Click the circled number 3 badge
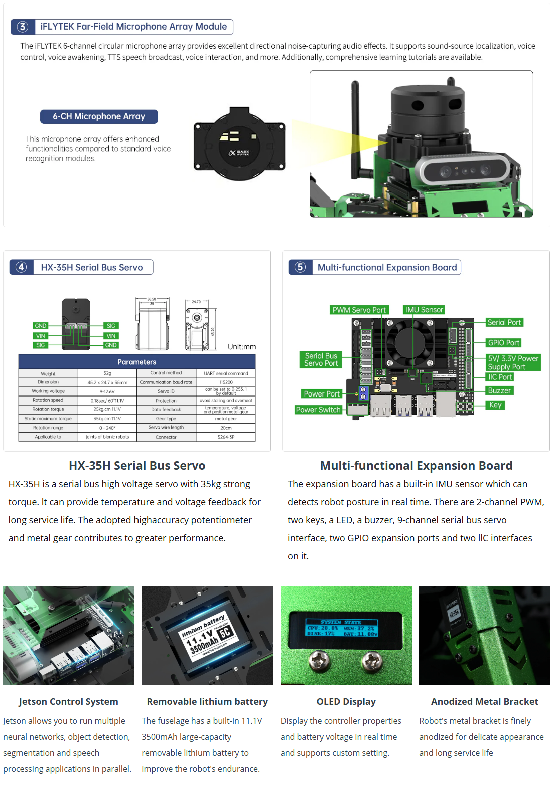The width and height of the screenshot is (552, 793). point(23,27)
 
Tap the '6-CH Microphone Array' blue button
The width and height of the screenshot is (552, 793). point(99,116)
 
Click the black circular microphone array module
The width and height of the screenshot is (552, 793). point(239,145)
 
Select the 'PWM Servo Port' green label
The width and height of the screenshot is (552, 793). point(359,310)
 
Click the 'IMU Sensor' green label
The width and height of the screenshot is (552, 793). point(424,310)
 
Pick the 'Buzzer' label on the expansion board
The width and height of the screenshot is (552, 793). point(499,390)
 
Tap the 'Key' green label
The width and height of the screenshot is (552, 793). point(495,405)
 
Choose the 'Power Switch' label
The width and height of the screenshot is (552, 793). point(318,410)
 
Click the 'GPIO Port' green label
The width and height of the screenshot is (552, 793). point(504,343)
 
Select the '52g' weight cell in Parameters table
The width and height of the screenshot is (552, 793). point(107,373)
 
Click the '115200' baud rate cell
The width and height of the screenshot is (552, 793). point(226,382)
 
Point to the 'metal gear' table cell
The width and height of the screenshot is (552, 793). point(226,419)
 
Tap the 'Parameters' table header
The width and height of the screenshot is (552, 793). point(137,362)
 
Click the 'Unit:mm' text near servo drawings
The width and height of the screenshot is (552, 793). point(242,347)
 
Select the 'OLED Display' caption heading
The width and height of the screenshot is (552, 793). point(346,701)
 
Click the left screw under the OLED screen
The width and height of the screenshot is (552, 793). point(319,661)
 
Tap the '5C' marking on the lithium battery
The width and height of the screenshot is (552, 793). point(225,632)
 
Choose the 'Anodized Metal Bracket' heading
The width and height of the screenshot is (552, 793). point(484,701)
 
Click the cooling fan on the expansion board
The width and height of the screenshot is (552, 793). point(413,342)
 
